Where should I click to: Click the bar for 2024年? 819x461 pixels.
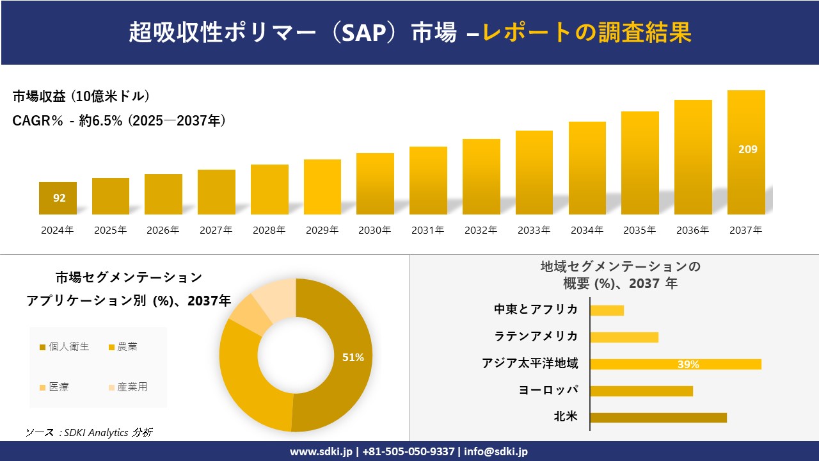click(x=58, y=198)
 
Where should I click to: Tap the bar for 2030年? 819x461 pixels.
click(x=375, y=184)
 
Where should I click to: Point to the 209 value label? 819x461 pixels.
click(x=747, y=149)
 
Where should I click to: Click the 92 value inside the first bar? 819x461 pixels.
click(x=59, y=198)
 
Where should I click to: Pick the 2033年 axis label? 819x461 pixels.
click(x=534, y=230)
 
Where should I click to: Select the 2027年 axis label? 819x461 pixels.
click(x=216, y=230)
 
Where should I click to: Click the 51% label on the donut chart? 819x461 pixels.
click(x=353, y=358)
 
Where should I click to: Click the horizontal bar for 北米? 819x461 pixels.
click(x=658, y=417)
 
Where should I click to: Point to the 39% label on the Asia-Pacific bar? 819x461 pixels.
click(x=688, y=364)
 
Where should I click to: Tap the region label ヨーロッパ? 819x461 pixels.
click(x=548, y=390)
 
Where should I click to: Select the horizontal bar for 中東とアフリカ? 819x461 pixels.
click(x=607, y=311)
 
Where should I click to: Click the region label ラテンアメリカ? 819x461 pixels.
click(x=536, y=336)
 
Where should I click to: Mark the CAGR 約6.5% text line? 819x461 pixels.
click(x=119, y=121)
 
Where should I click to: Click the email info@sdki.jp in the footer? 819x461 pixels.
click(x=496, y=451)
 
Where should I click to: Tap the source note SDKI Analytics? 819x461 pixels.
click(x=90, y=432)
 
